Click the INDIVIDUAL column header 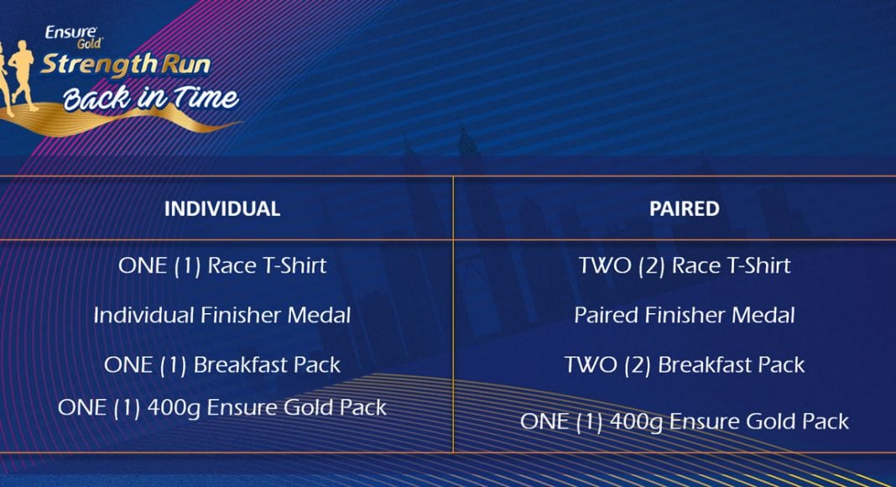tap(222, 208)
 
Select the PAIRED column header tap(684, 208)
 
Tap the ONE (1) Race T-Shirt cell tap(222, 266)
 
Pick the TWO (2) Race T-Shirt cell tap(685, 266)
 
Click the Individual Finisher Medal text tap(222, 315)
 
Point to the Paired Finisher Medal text tap(685, 315)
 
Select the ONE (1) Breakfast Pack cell tap(222, 365)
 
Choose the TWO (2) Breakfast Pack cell tap(685, 365)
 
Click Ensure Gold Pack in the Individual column tap(297, 408)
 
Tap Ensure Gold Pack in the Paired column tap(759, 422)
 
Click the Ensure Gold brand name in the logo tap(73, 37)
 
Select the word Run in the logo tap(185, 64)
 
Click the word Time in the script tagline tap(205, 97)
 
